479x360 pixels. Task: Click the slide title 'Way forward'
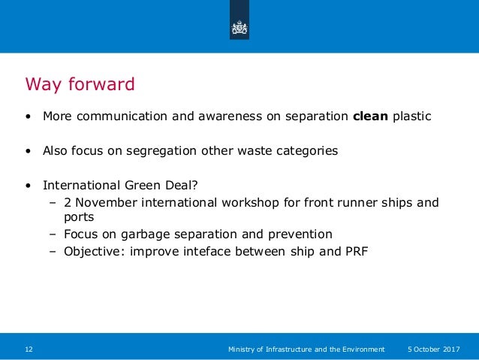pyautogui.click(x=80, y=83)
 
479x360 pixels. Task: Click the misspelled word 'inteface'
pyautogui.click(x=224, y=250)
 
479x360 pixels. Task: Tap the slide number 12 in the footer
pyautogui.click(x=29, y=349)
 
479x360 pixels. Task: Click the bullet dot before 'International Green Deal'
pyautogui.click(x=28, y=184)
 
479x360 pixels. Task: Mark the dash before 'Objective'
pyautogui.click(x=53, y=250)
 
